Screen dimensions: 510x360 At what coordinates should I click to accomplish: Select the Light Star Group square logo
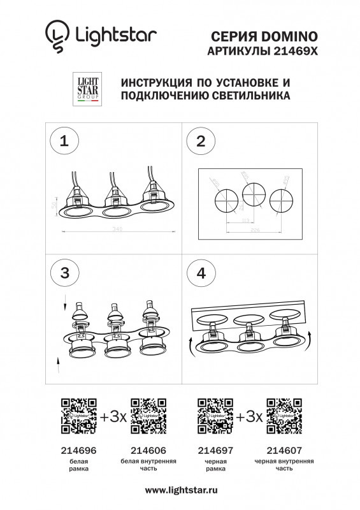87,91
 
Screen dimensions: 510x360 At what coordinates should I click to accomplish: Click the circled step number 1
64,142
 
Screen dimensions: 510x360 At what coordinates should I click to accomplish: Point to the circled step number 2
201,142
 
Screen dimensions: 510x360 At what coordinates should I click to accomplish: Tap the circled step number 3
64,273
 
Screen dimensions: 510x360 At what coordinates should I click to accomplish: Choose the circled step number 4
201,273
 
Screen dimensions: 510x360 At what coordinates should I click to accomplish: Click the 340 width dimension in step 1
117,229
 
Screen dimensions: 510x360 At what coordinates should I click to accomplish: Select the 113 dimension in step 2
245,219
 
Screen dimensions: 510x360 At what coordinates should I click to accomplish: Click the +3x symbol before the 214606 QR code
113,418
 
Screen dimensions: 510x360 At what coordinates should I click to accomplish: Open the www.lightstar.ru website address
181,490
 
